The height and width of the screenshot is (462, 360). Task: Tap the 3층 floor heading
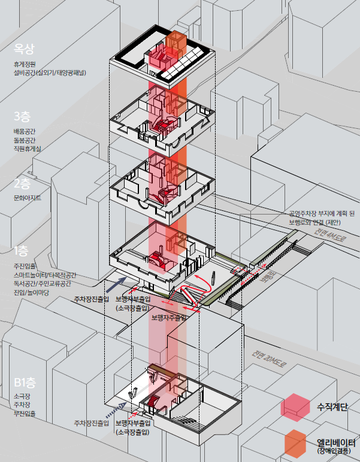[x=25, y=116]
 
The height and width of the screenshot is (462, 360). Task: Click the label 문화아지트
[x=28, y=198]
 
